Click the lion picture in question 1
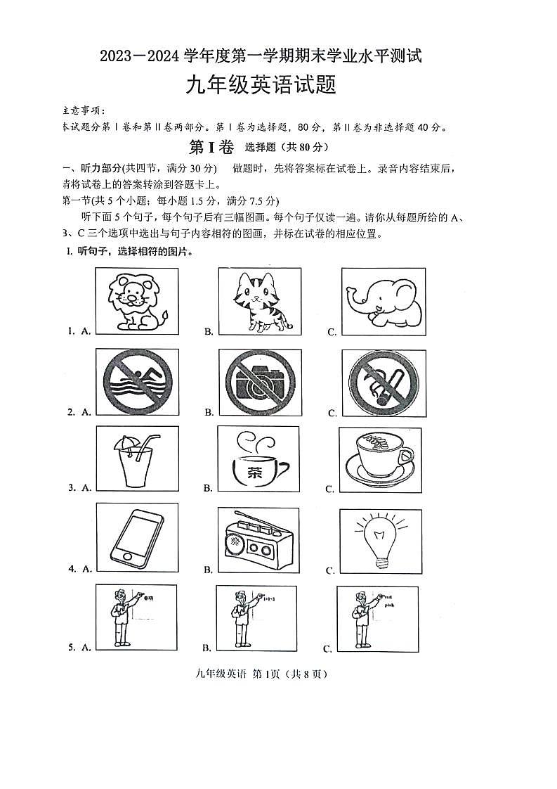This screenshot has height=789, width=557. tap(137, 301)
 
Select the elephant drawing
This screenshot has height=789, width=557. tap(381, 301)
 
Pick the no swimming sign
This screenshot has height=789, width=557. tap(138, 383)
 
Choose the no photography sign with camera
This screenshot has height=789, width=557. tap(258, 383)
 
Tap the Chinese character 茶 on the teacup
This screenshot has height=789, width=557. tap(255, 473)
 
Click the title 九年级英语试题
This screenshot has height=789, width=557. tap(260, 86)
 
